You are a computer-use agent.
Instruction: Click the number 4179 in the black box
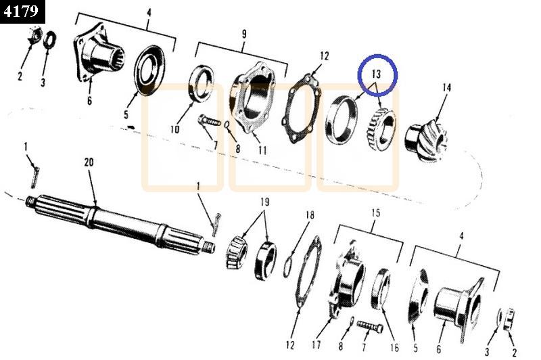[x=21, y=11]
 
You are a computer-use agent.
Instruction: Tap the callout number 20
[x=89, y=162]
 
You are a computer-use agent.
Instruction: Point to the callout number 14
[x=446, y=87]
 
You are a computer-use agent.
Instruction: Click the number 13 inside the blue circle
[x=376, y=74]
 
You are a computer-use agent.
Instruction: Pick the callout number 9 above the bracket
[x=244, y=34]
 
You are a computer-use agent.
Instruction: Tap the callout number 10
[x=174, y=129]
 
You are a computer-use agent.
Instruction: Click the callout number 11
[x=262, y=150]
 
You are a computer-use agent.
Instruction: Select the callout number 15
[x=375, y=212]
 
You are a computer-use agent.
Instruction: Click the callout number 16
[x=394, y=347]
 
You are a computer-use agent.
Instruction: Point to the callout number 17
[x=316, y=344]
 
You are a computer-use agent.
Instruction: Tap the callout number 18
[x=310, y=215]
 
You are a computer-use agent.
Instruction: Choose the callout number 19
[x=264, y=202]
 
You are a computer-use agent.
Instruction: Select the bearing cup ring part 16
[x=381, y=288]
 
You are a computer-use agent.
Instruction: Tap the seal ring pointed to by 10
[x=201, y=83]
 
